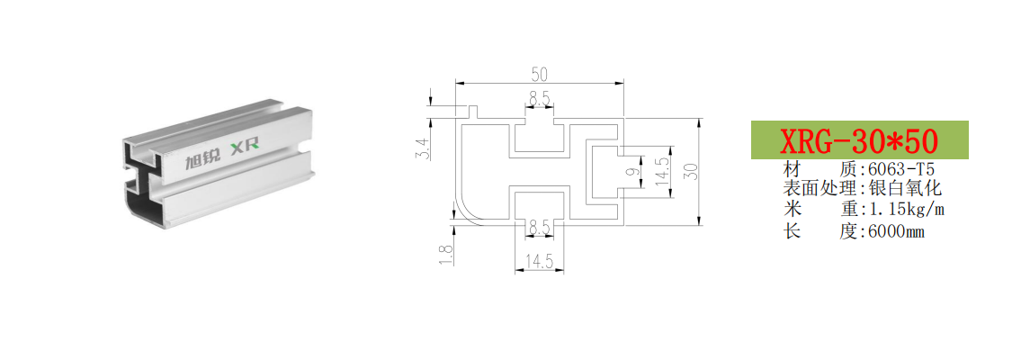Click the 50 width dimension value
[x=540, y=74]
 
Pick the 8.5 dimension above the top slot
[x=540, y=99]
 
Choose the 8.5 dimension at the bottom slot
[x=539, y=227]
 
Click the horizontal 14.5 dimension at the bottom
[x=539, y=261]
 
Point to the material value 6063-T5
[x=901, y=170]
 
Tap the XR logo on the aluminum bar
[x=245, y=147]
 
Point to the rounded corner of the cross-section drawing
[x=466, y=212]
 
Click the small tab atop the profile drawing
[x=472, y=112]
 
